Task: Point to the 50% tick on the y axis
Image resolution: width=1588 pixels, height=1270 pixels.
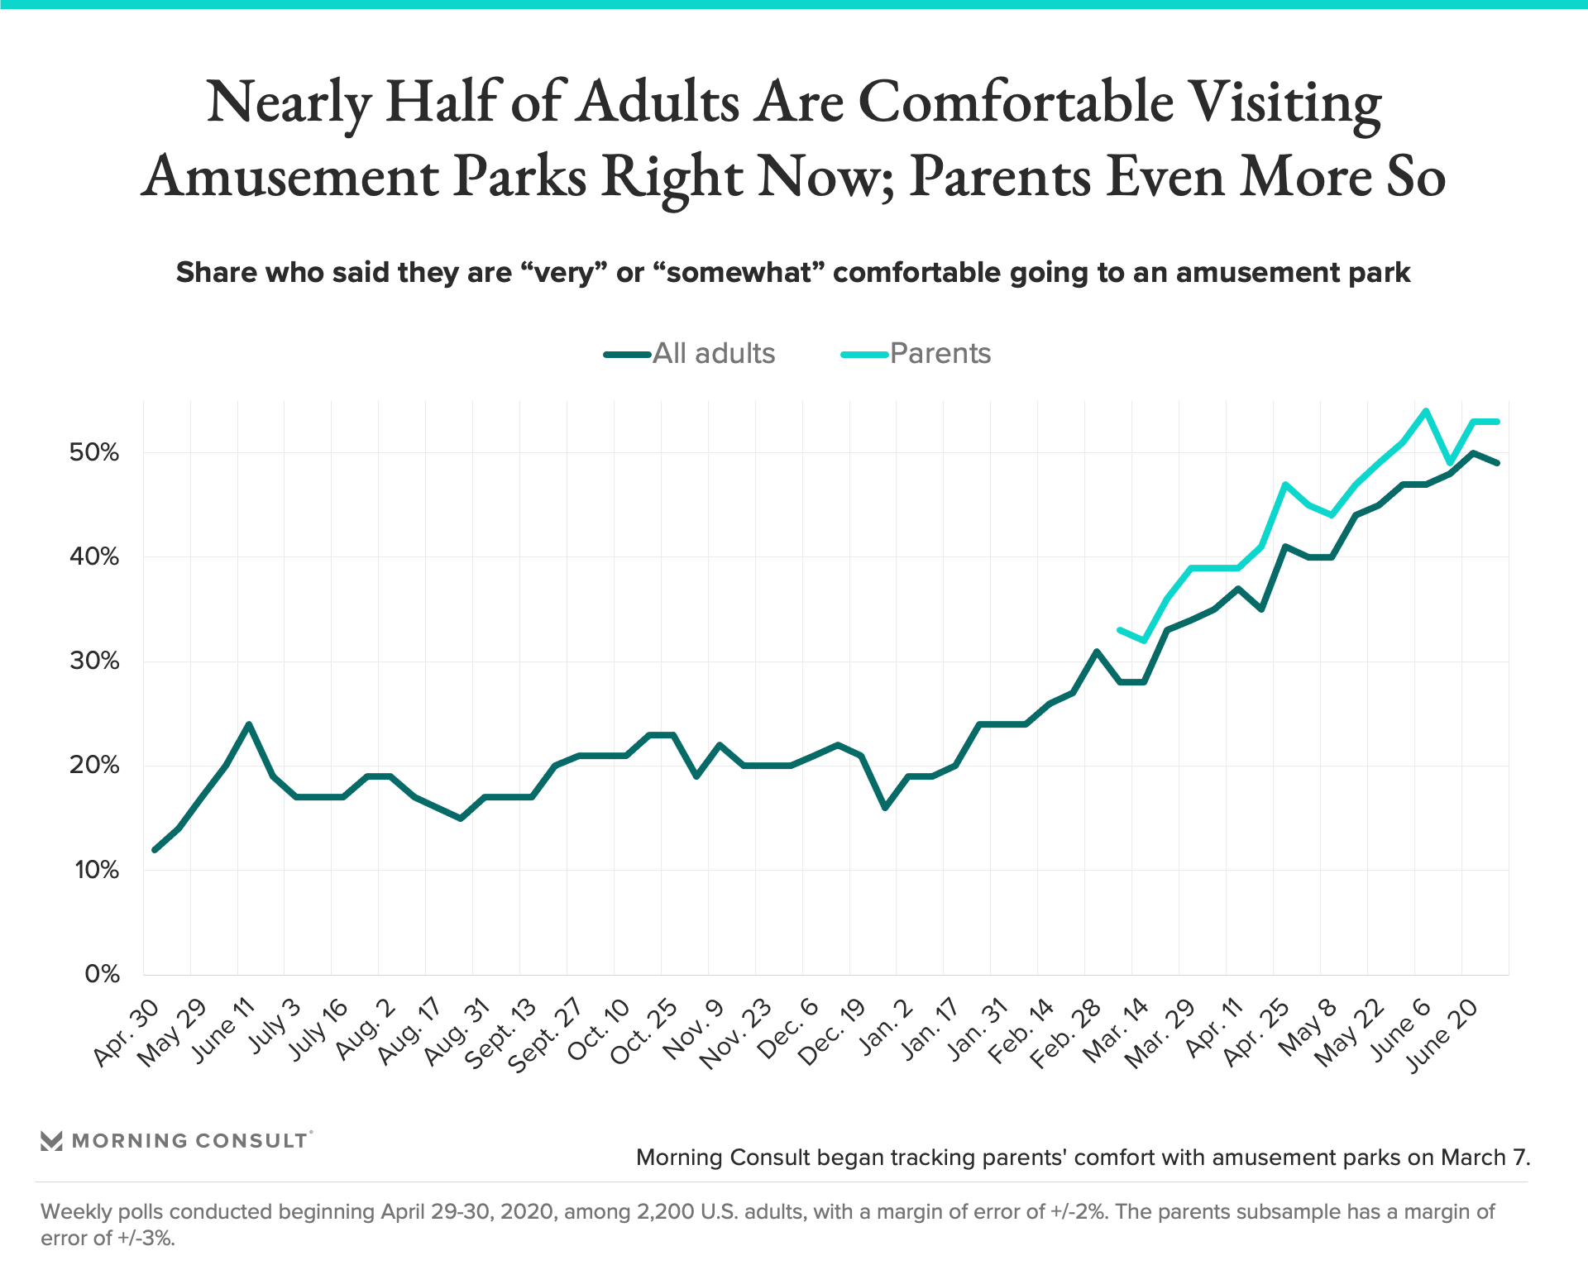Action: (x=94, y=452)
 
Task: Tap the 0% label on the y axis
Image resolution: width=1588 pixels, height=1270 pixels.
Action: (x=102, y=974)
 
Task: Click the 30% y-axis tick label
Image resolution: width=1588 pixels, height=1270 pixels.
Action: (x=94, y=661)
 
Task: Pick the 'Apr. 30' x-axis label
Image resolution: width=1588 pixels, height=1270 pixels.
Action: (x=127, y=1034)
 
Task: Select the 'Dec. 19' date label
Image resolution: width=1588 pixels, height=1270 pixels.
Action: (x=832, y=1034)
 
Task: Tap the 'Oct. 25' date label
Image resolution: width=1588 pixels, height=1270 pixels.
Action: (x=644, y=1034)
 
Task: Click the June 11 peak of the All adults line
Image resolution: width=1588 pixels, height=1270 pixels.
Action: (x=249, y=724)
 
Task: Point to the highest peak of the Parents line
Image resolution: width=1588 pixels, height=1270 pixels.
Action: (x=1426, y=410)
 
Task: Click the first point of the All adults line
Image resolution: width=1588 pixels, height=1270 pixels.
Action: (x=155, y=849)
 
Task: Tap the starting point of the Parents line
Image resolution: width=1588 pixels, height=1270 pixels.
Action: (x=1120, y=630)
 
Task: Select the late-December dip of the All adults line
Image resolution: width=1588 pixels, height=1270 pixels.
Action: (x=885, y=808)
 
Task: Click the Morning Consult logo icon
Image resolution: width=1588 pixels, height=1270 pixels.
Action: (x=51, y=1141)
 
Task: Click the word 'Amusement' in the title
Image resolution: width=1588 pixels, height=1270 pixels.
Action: (x=290, y=176)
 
